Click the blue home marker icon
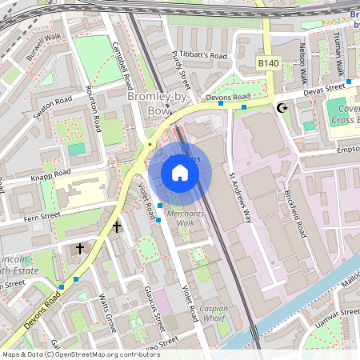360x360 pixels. point(180,173)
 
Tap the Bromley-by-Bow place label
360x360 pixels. point(149,103)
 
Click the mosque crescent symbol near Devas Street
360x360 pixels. point(281,107)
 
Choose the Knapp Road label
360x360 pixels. point(50,173)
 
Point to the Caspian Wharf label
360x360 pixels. point(214,313)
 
